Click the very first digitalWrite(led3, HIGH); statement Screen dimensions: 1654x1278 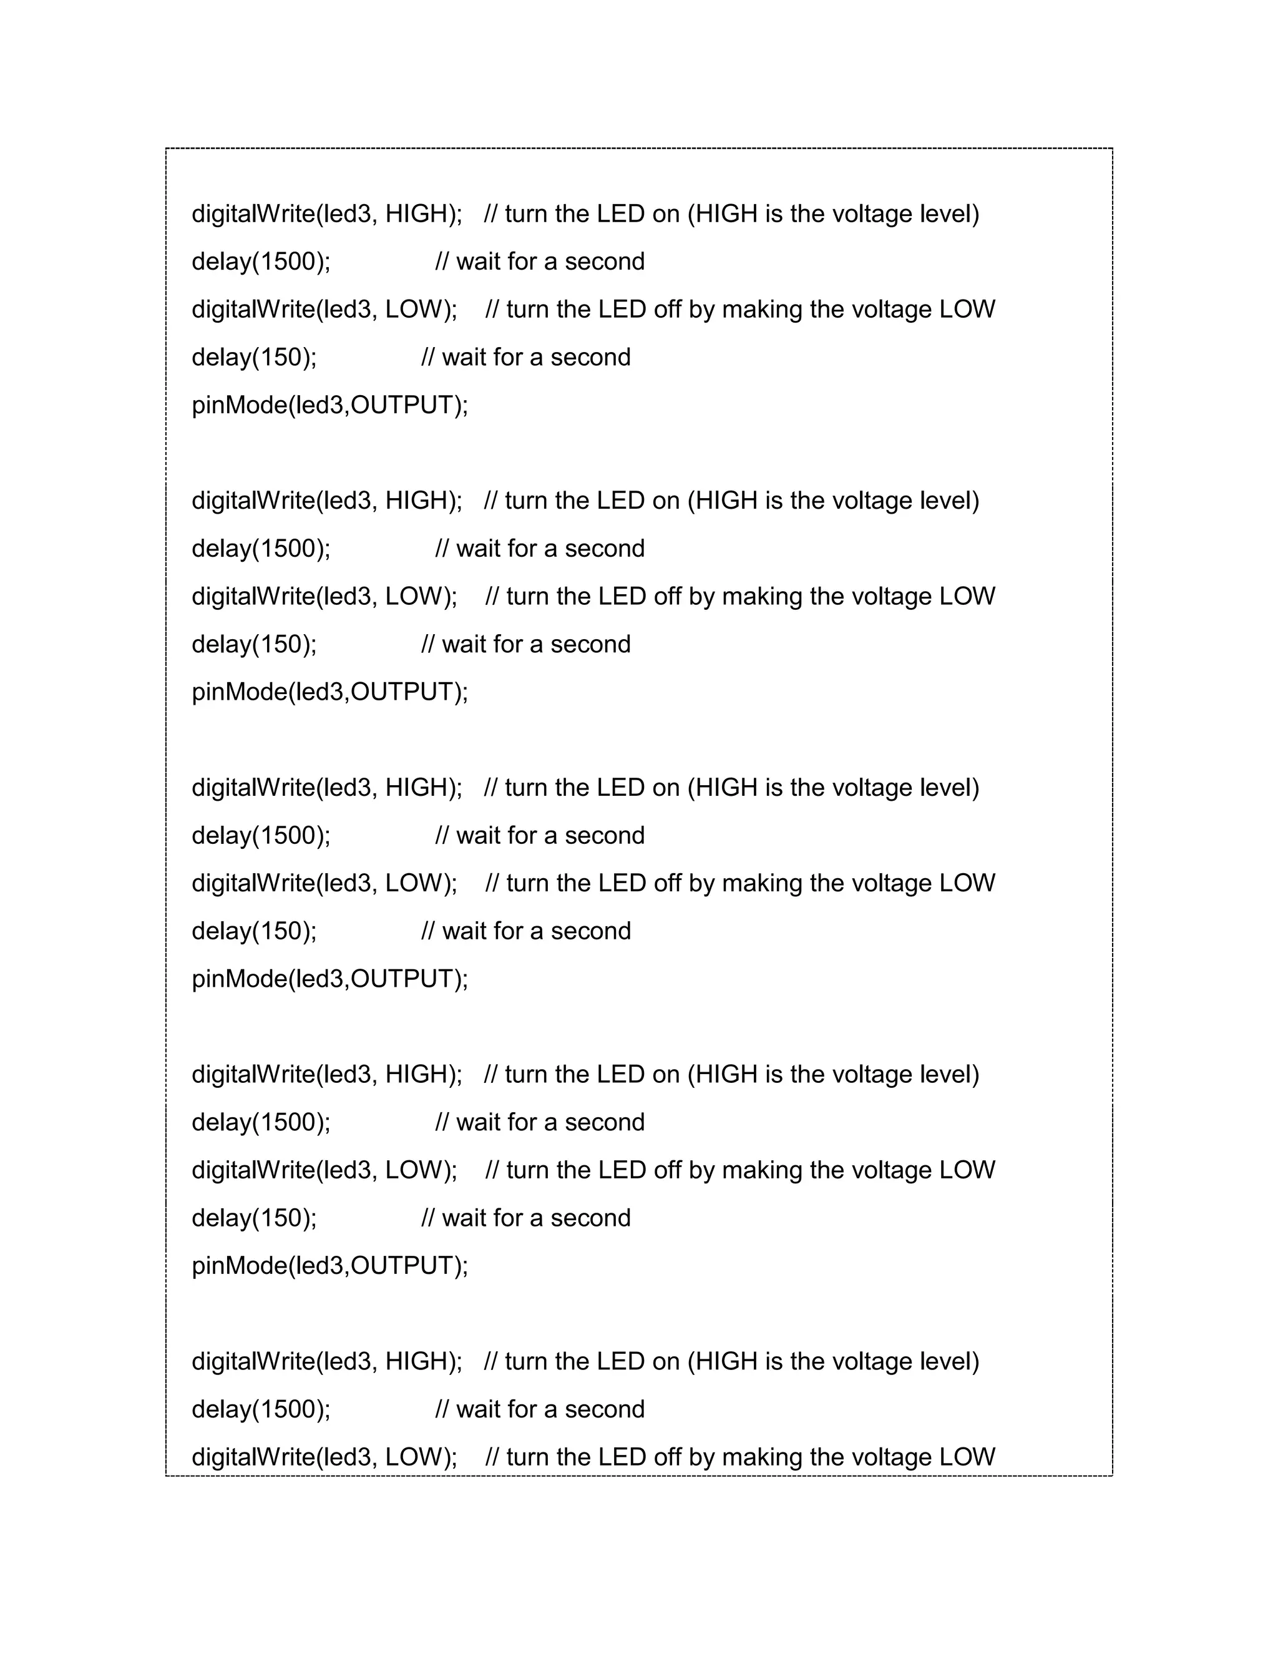click(326, 214)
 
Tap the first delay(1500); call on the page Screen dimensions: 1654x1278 click(261, 262)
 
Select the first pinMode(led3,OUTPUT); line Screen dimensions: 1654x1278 click(330, 405)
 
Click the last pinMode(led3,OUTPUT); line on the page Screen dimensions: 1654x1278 click(330, 1266)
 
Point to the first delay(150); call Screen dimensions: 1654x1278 click(255, 358)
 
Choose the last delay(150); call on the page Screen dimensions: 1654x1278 click(255, 1218)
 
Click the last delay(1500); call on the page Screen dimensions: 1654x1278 click(261, 1409)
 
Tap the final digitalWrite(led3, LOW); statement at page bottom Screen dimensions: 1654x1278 click(324, 1457)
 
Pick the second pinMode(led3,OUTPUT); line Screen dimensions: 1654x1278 click(330, 692)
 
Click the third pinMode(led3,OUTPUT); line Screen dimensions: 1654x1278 click(330, 979)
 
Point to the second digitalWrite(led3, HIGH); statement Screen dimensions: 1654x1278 click(326, 501)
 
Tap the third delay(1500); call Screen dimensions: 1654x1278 click(261, 836)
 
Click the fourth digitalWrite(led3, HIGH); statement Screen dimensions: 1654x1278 click(326, 1075)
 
